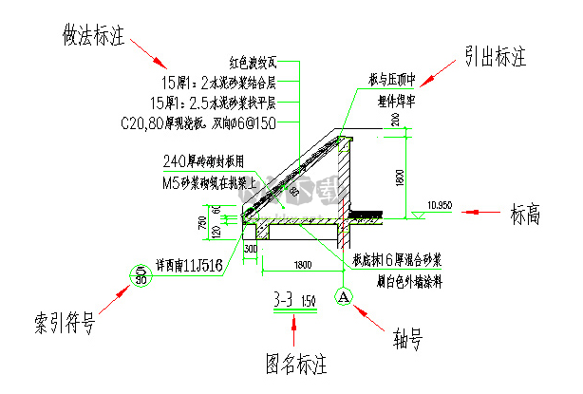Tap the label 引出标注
495,59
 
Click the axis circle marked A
343,296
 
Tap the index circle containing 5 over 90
141,275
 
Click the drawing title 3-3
283,301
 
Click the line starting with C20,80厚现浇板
198,123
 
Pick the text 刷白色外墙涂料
392,281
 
